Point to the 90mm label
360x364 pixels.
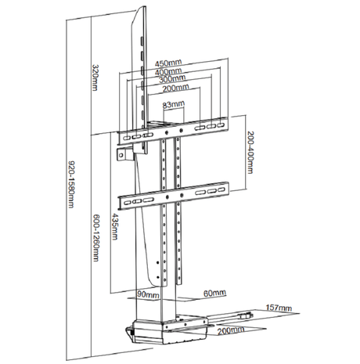coord(144,295)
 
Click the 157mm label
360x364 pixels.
coord(278,307)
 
